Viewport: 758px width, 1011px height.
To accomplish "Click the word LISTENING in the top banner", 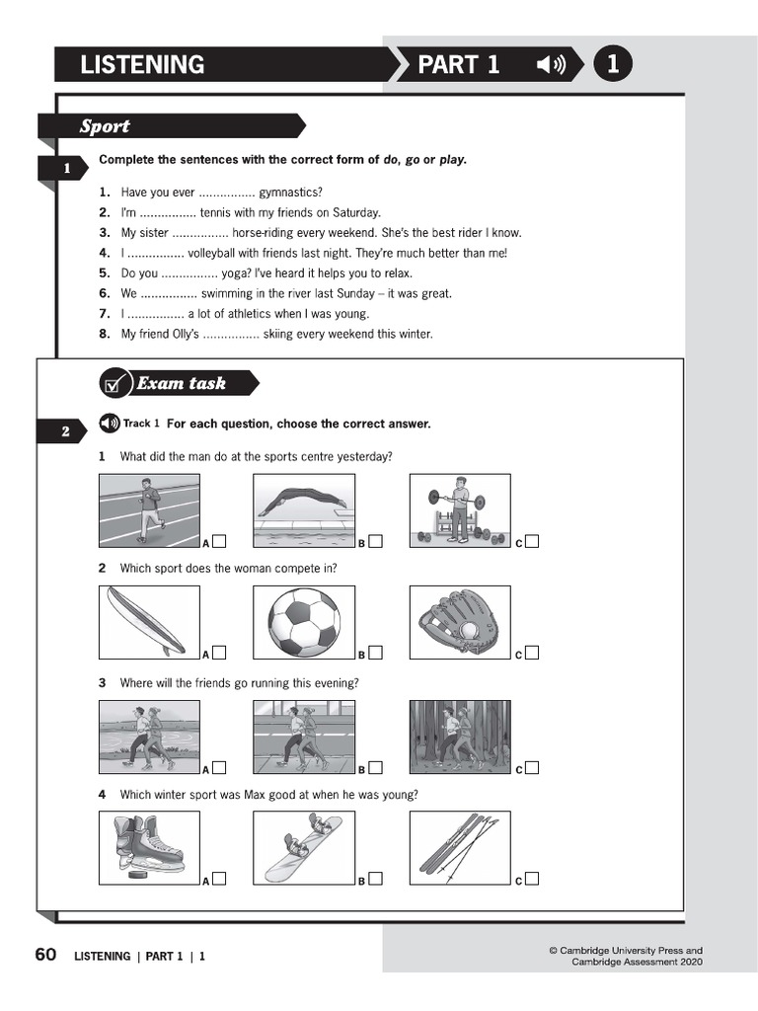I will pos(142,65).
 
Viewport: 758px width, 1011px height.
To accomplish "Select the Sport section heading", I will pos(105,126).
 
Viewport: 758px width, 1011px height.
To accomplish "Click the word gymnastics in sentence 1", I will pos(290,193).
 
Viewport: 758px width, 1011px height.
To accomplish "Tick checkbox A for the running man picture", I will pos(219,541).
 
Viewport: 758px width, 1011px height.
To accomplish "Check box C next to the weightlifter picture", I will pos(532,541).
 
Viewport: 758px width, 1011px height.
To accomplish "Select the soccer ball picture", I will pos(303,622).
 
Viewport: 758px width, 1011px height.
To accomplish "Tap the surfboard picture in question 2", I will pos(149,622).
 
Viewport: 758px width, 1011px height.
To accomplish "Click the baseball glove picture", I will pos(460,622).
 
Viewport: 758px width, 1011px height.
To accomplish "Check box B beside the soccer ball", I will pos(375,653).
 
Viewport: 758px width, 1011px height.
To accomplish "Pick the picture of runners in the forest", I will pos(460,737).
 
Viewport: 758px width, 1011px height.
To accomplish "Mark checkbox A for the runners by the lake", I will pos(219,767).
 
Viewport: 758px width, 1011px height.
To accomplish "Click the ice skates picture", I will pos(149,846).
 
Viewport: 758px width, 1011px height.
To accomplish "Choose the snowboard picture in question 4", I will pos(303,846).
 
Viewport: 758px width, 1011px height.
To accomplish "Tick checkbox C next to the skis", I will pos(532,879).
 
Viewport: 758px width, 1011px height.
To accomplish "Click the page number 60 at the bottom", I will pos(45,955).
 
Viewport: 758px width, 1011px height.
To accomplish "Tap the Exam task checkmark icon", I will pos(116,384).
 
